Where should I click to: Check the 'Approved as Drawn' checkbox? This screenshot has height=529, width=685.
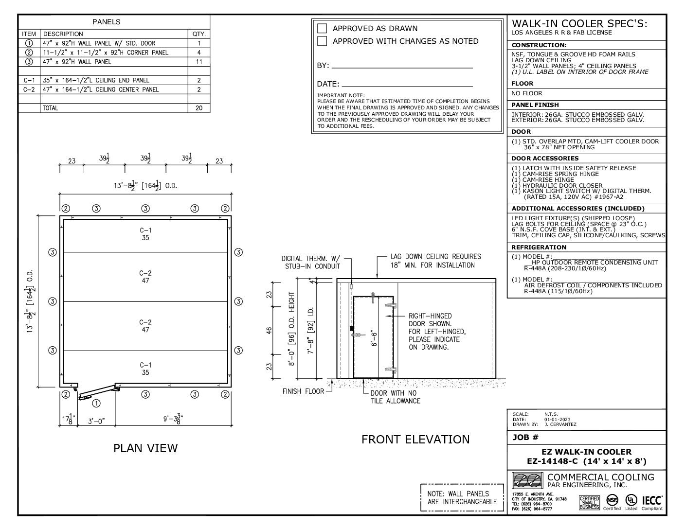(322, 28)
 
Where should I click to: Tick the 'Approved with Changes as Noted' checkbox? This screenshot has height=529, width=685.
(322, 41)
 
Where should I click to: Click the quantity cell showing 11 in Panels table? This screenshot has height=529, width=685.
(199, 62)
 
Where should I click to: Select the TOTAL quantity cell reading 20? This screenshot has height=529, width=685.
(199, 108)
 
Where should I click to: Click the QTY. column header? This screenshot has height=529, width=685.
(199, 34)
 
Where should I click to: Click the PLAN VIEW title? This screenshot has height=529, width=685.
(145, 448)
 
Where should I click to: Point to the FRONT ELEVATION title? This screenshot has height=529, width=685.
(415, 440)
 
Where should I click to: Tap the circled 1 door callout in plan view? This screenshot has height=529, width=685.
(96, 403)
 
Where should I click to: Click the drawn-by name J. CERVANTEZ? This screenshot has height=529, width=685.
(560, 424)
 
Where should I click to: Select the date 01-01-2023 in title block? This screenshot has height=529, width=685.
(558, 419)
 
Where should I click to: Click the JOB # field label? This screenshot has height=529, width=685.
(525, 438)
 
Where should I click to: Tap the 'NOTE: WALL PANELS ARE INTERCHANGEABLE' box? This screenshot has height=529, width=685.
(462, 497)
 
